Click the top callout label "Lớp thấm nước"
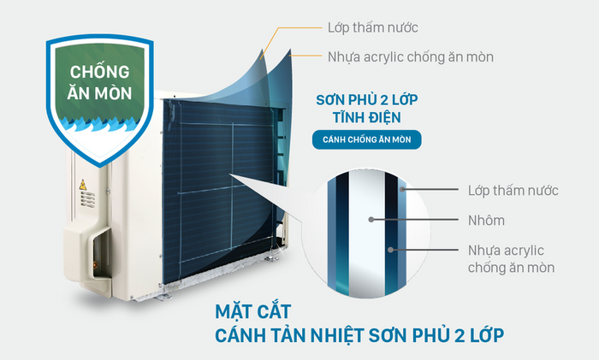tap(372, 27)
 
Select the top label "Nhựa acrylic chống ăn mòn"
tap(411, 57)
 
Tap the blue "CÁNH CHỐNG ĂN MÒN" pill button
tap(367, 139)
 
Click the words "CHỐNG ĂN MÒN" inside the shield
tap(99, 82)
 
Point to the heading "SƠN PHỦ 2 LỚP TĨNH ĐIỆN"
tap(367, 109)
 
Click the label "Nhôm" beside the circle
tap(486, 221)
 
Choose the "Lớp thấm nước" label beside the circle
tap(513, 190)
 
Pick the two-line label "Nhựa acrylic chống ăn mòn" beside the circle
tap(511, 259)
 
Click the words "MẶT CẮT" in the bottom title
tap(253, 312)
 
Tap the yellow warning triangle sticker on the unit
tap(82, 186)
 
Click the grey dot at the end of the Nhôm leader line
tap(371, 220)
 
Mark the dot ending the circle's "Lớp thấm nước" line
tap(402, 189)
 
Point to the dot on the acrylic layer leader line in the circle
tap(390, 250)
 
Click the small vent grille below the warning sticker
tap(87, 199)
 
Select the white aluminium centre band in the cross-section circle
tap(366, 233)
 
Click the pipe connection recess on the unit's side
tap(99, 252)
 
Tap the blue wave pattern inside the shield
tap(99, 124)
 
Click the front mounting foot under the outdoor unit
tap(164, 297)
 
